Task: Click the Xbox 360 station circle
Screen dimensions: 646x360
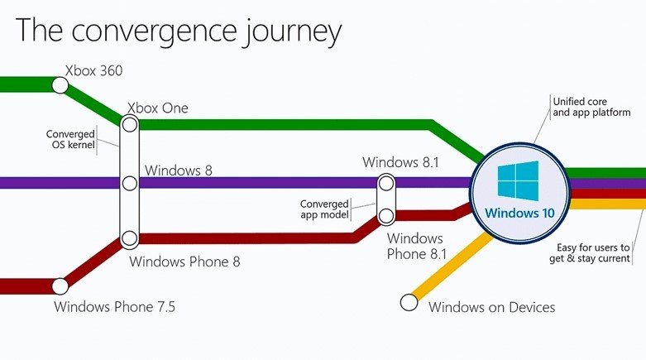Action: (60, 85)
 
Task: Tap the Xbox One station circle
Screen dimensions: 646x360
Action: (130, 124)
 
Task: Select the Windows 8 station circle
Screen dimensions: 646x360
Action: (130, 183)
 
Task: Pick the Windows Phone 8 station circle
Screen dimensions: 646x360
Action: (130, 238)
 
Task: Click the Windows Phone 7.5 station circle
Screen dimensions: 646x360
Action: (60, 286)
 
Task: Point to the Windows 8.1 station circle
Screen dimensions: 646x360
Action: (386, 184)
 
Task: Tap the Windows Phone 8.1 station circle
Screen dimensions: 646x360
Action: (386, 216)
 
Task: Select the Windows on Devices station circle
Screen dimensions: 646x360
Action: (409, 302)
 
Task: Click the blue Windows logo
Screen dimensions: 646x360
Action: (518, 180)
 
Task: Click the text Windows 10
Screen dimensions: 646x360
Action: (520, 213)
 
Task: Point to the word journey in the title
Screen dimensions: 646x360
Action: (292, 31)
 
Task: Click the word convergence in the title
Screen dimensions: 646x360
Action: (155, 31)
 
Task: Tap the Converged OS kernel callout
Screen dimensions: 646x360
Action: (70, 139)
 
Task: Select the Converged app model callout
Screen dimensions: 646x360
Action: (324, 209)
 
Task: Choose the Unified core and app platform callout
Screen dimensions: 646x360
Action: (591, 107)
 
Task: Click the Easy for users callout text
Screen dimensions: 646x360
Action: (590, 252)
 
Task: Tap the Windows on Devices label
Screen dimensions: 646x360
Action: (492, 307)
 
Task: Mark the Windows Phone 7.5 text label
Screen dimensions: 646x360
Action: (114, 307)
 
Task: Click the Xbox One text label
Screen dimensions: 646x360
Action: (158, 108)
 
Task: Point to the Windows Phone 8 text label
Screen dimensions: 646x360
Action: (184, 262)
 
